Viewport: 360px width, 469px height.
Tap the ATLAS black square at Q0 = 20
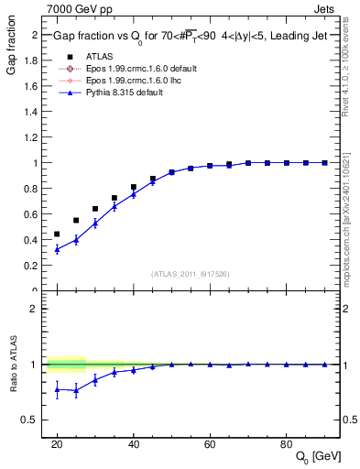pos(57,234)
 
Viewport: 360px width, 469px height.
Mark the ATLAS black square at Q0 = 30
pos(95,209)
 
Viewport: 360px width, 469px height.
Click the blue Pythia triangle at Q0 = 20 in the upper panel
pos(57,249)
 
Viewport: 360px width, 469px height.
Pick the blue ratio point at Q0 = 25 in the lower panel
pos(76,390)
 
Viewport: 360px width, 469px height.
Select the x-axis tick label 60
pos(210,442)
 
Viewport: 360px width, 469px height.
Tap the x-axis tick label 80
pos(286,442)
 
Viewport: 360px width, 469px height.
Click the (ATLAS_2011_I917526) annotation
pos(190,274)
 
